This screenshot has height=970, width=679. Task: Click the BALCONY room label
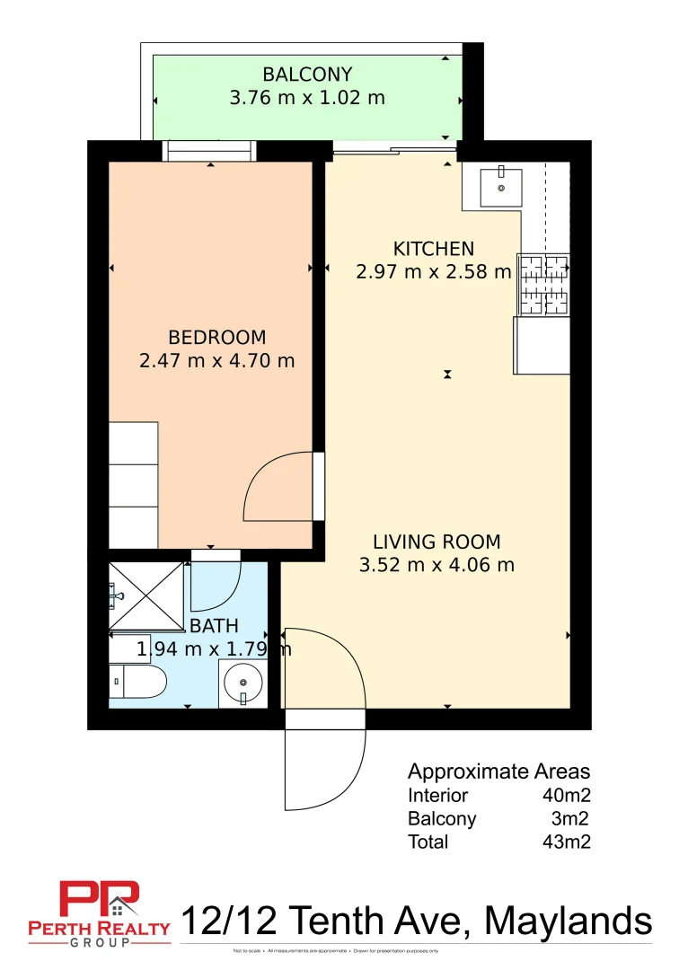(307, 75)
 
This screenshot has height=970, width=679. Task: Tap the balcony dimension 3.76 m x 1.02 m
(307, 98)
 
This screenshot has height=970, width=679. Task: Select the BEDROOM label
(217, 338)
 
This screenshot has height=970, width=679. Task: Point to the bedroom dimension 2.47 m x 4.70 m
(217, 361)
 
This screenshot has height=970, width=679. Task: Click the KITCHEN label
(434, 249)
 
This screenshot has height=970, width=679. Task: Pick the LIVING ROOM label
(436, 542)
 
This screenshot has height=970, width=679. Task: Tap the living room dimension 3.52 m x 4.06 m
(436, 565)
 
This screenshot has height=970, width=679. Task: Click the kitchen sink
(501, 187)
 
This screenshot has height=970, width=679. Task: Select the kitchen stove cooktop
(542, 285)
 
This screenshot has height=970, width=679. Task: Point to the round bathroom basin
(243, 684)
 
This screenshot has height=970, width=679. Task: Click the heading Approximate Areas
(498, 772)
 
